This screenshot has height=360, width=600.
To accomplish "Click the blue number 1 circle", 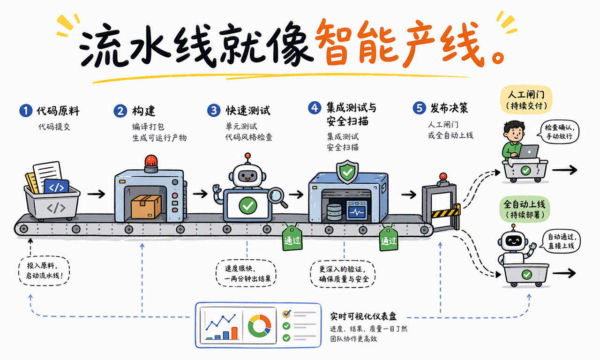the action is pos(26,111).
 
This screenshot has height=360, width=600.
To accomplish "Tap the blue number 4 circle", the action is pos(315,108).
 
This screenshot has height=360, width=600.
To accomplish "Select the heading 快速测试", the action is pos(248,110).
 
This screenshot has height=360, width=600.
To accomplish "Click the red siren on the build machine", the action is pos(151,162).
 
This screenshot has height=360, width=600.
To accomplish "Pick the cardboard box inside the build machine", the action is pos(146,206).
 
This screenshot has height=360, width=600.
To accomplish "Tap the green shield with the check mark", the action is pos(347,172).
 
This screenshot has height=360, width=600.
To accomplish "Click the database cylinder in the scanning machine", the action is pos(334,212).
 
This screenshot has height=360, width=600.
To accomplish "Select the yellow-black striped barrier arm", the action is pos(445,213).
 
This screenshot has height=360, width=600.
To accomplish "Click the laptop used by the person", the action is pos(528,151).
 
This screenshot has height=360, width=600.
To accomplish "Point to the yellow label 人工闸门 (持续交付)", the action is pos(526,100).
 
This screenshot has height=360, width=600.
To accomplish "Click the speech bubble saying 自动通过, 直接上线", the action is pos(561,241).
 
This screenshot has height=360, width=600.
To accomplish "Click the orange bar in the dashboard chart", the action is pos(234,333).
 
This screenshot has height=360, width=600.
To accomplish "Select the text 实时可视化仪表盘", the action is pos(363,316).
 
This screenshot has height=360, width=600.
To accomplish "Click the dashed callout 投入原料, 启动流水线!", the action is pos(44,270).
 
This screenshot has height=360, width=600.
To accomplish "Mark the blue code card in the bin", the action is pos(56,187).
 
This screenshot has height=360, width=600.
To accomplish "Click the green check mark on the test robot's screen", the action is pos(248,205).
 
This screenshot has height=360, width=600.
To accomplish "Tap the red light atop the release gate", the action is pos(443,177).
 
